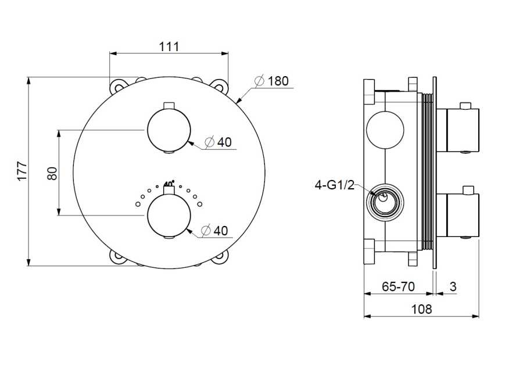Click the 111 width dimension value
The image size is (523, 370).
click(x=169, y=46)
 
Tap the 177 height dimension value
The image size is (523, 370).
click(x=22, y=171)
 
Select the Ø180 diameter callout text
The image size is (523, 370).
click(x=271, y=81)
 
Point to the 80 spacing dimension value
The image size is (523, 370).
click(x=52, y=173)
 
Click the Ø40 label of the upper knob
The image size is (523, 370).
click(x=218, y=142)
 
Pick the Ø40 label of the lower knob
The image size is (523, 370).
click(x=215, y=231)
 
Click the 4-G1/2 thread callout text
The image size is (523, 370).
click(x=335, y=184)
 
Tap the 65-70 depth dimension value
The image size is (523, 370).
click(x=398, y=286)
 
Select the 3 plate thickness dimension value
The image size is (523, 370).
click(x=453, y=286)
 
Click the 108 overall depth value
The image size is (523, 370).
click(x=421, y=309)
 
